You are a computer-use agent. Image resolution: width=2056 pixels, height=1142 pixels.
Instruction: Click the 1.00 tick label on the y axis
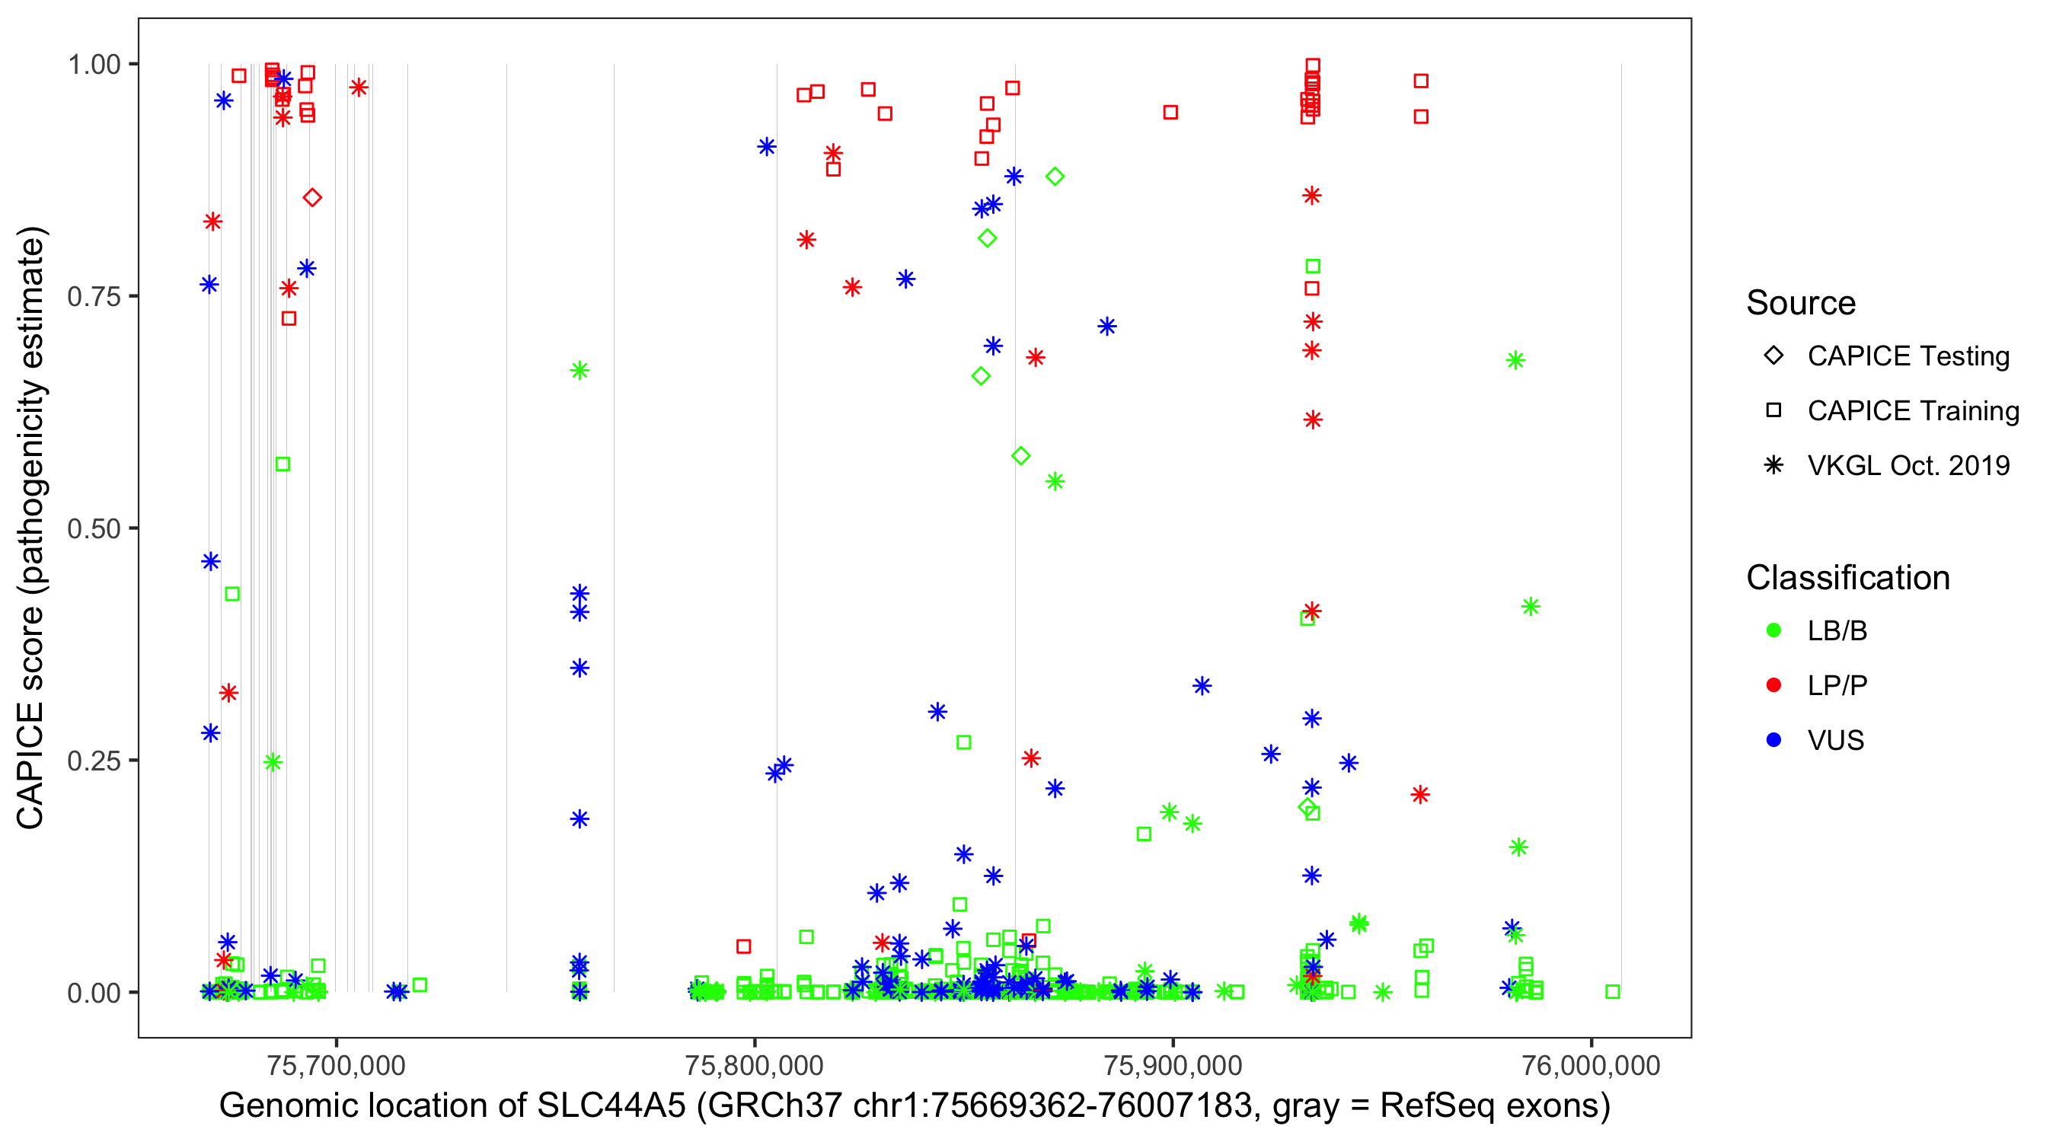[94, 64]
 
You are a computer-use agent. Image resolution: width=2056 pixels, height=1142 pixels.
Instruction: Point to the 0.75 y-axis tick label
[94, 296]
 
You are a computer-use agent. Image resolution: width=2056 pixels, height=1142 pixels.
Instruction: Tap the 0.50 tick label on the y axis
[94, 528]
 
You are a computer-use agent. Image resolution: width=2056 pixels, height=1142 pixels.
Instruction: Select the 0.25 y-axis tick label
[94, 761]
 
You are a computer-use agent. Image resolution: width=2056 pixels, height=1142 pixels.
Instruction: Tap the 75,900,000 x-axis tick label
[1173, 1065]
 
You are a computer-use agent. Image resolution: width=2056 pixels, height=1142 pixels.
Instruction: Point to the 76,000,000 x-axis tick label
[1591, 1065]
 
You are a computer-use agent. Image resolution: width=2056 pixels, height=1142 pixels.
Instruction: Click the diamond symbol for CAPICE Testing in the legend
[1773, 355]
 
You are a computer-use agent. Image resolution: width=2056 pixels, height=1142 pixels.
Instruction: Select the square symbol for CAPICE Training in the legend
[1773, 410]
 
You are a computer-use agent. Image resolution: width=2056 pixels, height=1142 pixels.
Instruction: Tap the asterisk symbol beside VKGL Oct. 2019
[1773, 465]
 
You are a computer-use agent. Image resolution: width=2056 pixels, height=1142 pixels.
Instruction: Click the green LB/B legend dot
[1773, 630]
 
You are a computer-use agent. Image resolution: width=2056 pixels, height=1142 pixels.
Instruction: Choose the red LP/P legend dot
[1773, 685]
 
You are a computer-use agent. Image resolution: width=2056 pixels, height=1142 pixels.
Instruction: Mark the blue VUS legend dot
[1773, 740]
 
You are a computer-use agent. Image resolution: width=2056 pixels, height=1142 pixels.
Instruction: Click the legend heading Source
[1801, 303]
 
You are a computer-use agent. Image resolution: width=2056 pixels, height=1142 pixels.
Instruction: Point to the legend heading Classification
[1847, 578]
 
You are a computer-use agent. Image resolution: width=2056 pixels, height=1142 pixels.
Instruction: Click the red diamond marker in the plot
[312, 198]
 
